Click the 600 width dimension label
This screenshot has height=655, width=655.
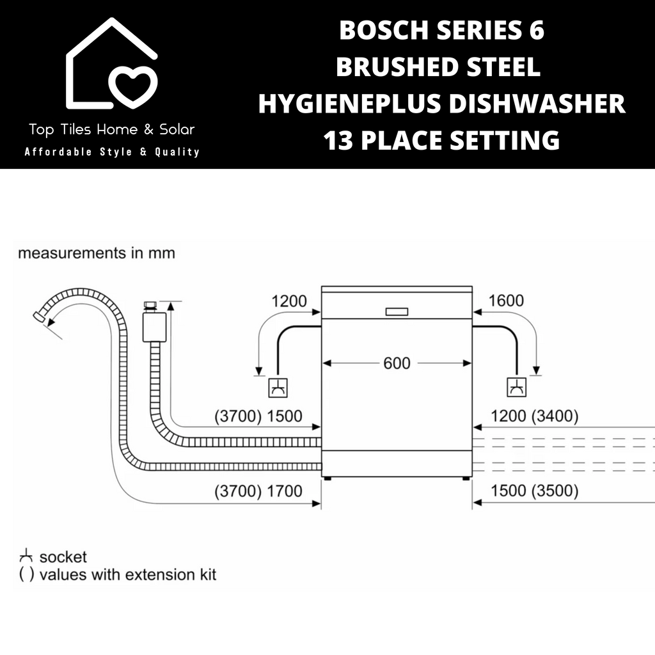tap(397, 363)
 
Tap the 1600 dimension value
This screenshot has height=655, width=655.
tap(506, 301)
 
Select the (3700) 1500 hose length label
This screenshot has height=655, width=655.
tap(258, 416)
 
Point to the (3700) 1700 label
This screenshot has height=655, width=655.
tap(258, 491)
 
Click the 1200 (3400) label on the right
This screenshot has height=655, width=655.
tap(534, 416)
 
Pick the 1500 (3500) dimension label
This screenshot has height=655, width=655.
tap(534, 491)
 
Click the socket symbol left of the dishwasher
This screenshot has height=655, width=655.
tap(278, 388)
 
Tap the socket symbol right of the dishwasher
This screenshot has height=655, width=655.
tap(516, 387)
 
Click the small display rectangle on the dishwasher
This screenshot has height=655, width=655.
tap(397, 312)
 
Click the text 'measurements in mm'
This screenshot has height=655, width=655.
tap(97, 253)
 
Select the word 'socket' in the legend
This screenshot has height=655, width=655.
tap(63, 557)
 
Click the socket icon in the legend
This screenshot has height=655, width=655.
tap(26, 556)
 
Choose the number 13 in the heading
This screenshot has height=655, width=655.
tap(339, 140)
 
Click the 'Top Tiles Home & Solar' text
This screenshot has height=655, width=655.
tap(112, 129)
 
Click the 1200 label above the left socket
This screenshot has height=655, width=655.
tap(289, 301)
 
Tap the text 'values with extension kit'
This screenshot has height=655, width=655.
tap(128, 575)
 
